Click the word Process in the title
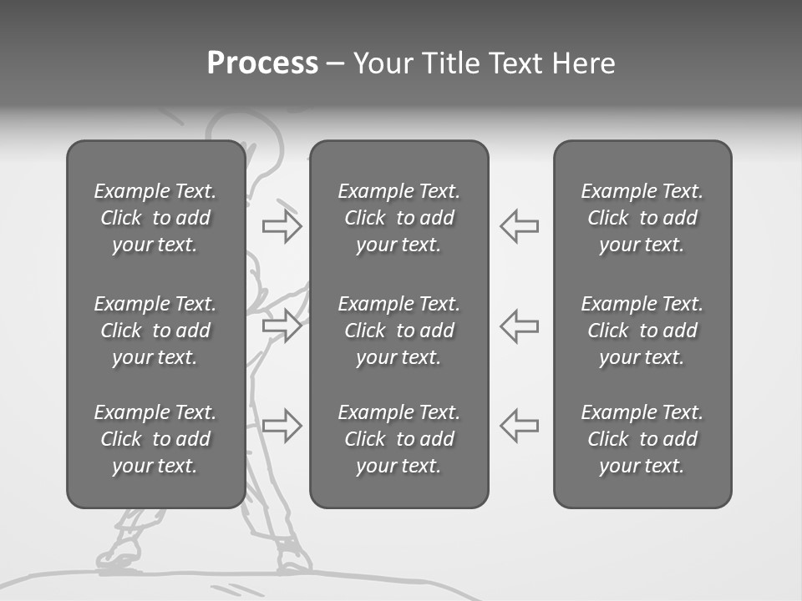click(x=262, y=63)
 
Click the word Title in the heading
click(x=447, y=63)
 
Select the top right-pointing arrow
click(x=282, y=226)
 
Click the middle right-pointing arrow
click(x=282, y=325)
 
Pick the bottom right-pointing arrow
click(x=282, y=425)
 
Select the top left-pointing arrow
click(x=519, y=226)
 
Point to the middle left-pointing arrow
click(x=519, y=325)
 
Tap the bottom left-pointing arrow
click(x=519, y=425)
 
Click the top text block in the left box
click(x=155, y=218)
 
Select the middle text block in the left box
click(x=155, y=331)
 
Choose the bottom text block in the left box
click(x=155, y=439)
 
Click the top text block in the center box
click(x=398, y=218)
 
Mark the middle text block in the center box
click(x=398, y=331)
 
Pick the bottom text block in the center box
click(x=398, y=439)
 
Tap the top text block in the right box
click(x=642, y=218)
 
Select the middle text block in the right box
click(x=642, y=331)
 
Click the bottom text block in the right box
click(x=642, y=439)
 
